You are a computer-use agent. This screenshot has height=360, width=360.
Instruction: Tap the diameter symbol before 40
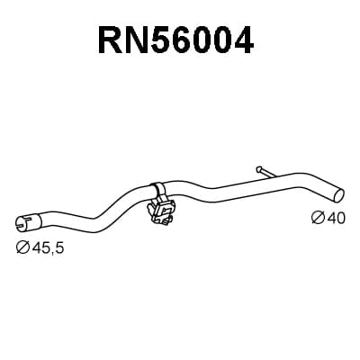click(319, 218)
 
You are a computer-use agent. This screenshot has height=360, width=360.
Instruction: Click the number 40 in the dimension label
click(336, 218)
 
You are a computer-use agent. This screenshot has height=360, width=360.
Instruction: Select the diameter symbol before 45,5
click(22, 247)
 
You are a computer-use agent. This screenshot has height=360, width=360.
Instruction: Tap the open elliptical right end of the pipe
click(338, 195)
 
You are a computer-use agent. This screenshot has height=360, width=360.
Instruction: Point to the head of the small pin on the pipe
click(258, 169)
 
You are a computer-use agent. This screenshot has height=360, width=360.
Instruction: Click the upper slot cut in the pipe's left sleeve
click(29, 217)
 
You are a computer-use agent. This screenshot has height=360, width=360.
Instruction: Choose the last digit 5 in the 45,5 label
click(58, 247)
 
